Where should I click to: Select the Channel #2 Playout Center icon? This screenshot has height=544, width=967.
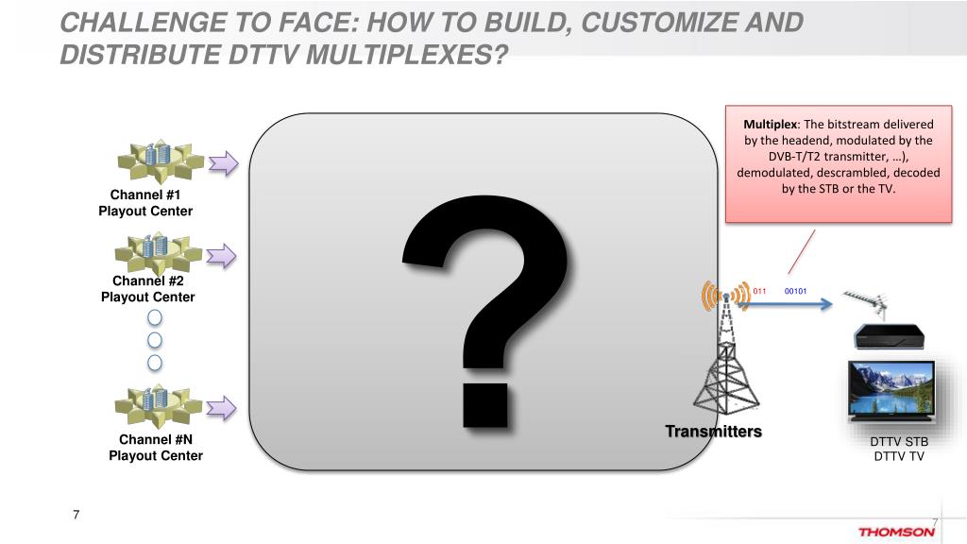154,251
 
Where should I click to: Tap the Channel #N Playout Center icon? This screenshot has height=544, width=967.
154,406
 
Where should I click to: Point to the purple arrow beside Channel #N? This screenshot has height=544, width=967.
223,407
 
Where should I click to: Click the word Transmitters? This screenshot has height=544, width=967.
713,432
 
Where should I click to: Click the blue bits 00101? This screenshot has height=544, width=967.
795,291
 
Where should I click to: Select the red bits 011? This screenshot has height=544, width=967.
758,291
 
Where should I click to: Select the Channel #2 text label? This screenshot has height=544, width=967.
148,280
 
